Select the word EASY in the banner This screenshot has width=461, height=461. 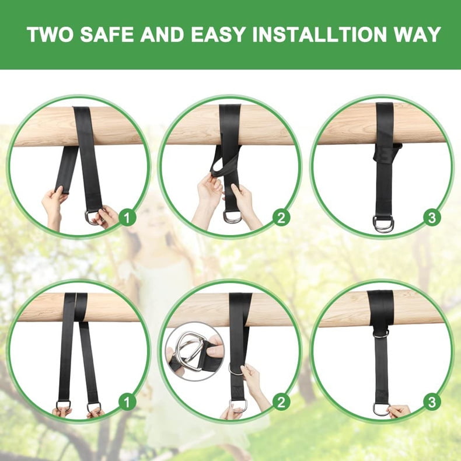(218, 34)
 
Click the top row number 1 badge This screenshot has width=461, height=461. (127, 218)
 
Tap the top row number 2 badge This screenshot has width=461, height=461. (281, 218)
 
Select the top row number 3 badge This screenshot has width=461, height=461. (432, 218)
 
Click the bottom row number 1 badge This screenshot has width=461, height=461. (127, 402)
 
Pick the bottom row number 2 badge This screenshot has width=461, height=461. (281, 402)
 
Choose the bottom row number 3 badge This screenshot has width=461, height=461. (432, 402)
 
